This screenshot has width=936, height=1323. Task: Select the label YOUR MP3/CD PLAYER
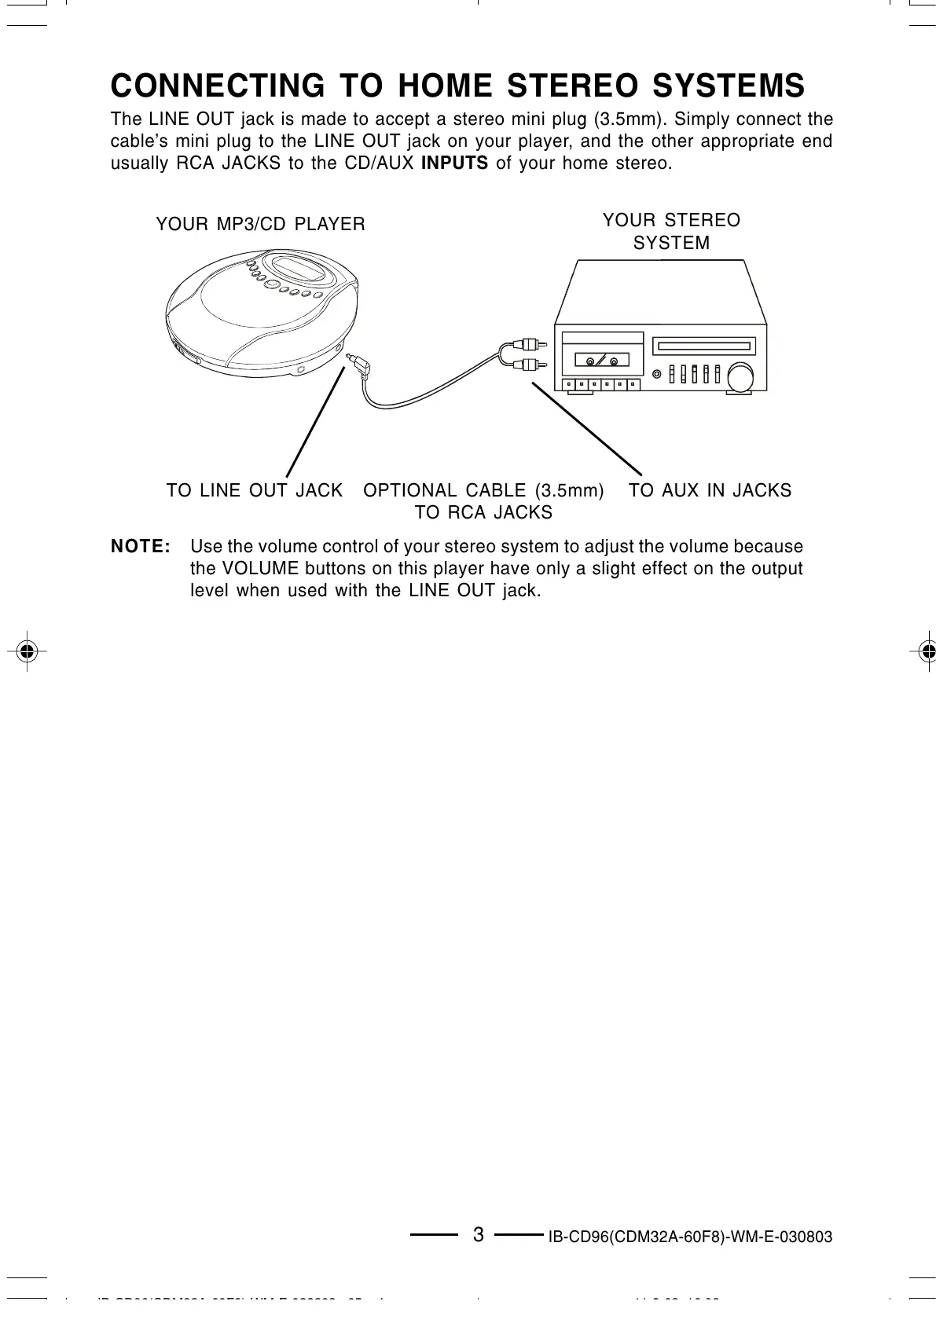pos(260,225)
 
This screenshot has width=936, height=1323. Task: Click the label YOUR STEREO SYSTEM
pos(671,232)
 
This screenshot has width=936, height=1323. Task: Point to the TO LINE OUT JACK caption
pos(255,491)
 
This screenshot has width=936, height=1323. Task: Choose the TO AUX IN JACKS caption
pos(710,491)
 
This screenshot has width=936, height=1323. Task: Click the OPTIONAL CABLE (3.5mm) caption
pos(483,491)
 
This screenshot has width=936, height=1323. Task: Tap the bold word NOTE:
pos(141,546)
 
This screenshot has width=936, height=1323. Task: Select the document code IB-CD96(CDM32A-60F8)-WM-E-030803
pos(690,1237)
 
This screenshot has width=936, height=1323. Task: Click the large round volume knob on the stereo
pos(740,376)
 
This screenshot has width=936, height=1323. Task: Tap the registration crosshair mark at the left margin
pos(27,651)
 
